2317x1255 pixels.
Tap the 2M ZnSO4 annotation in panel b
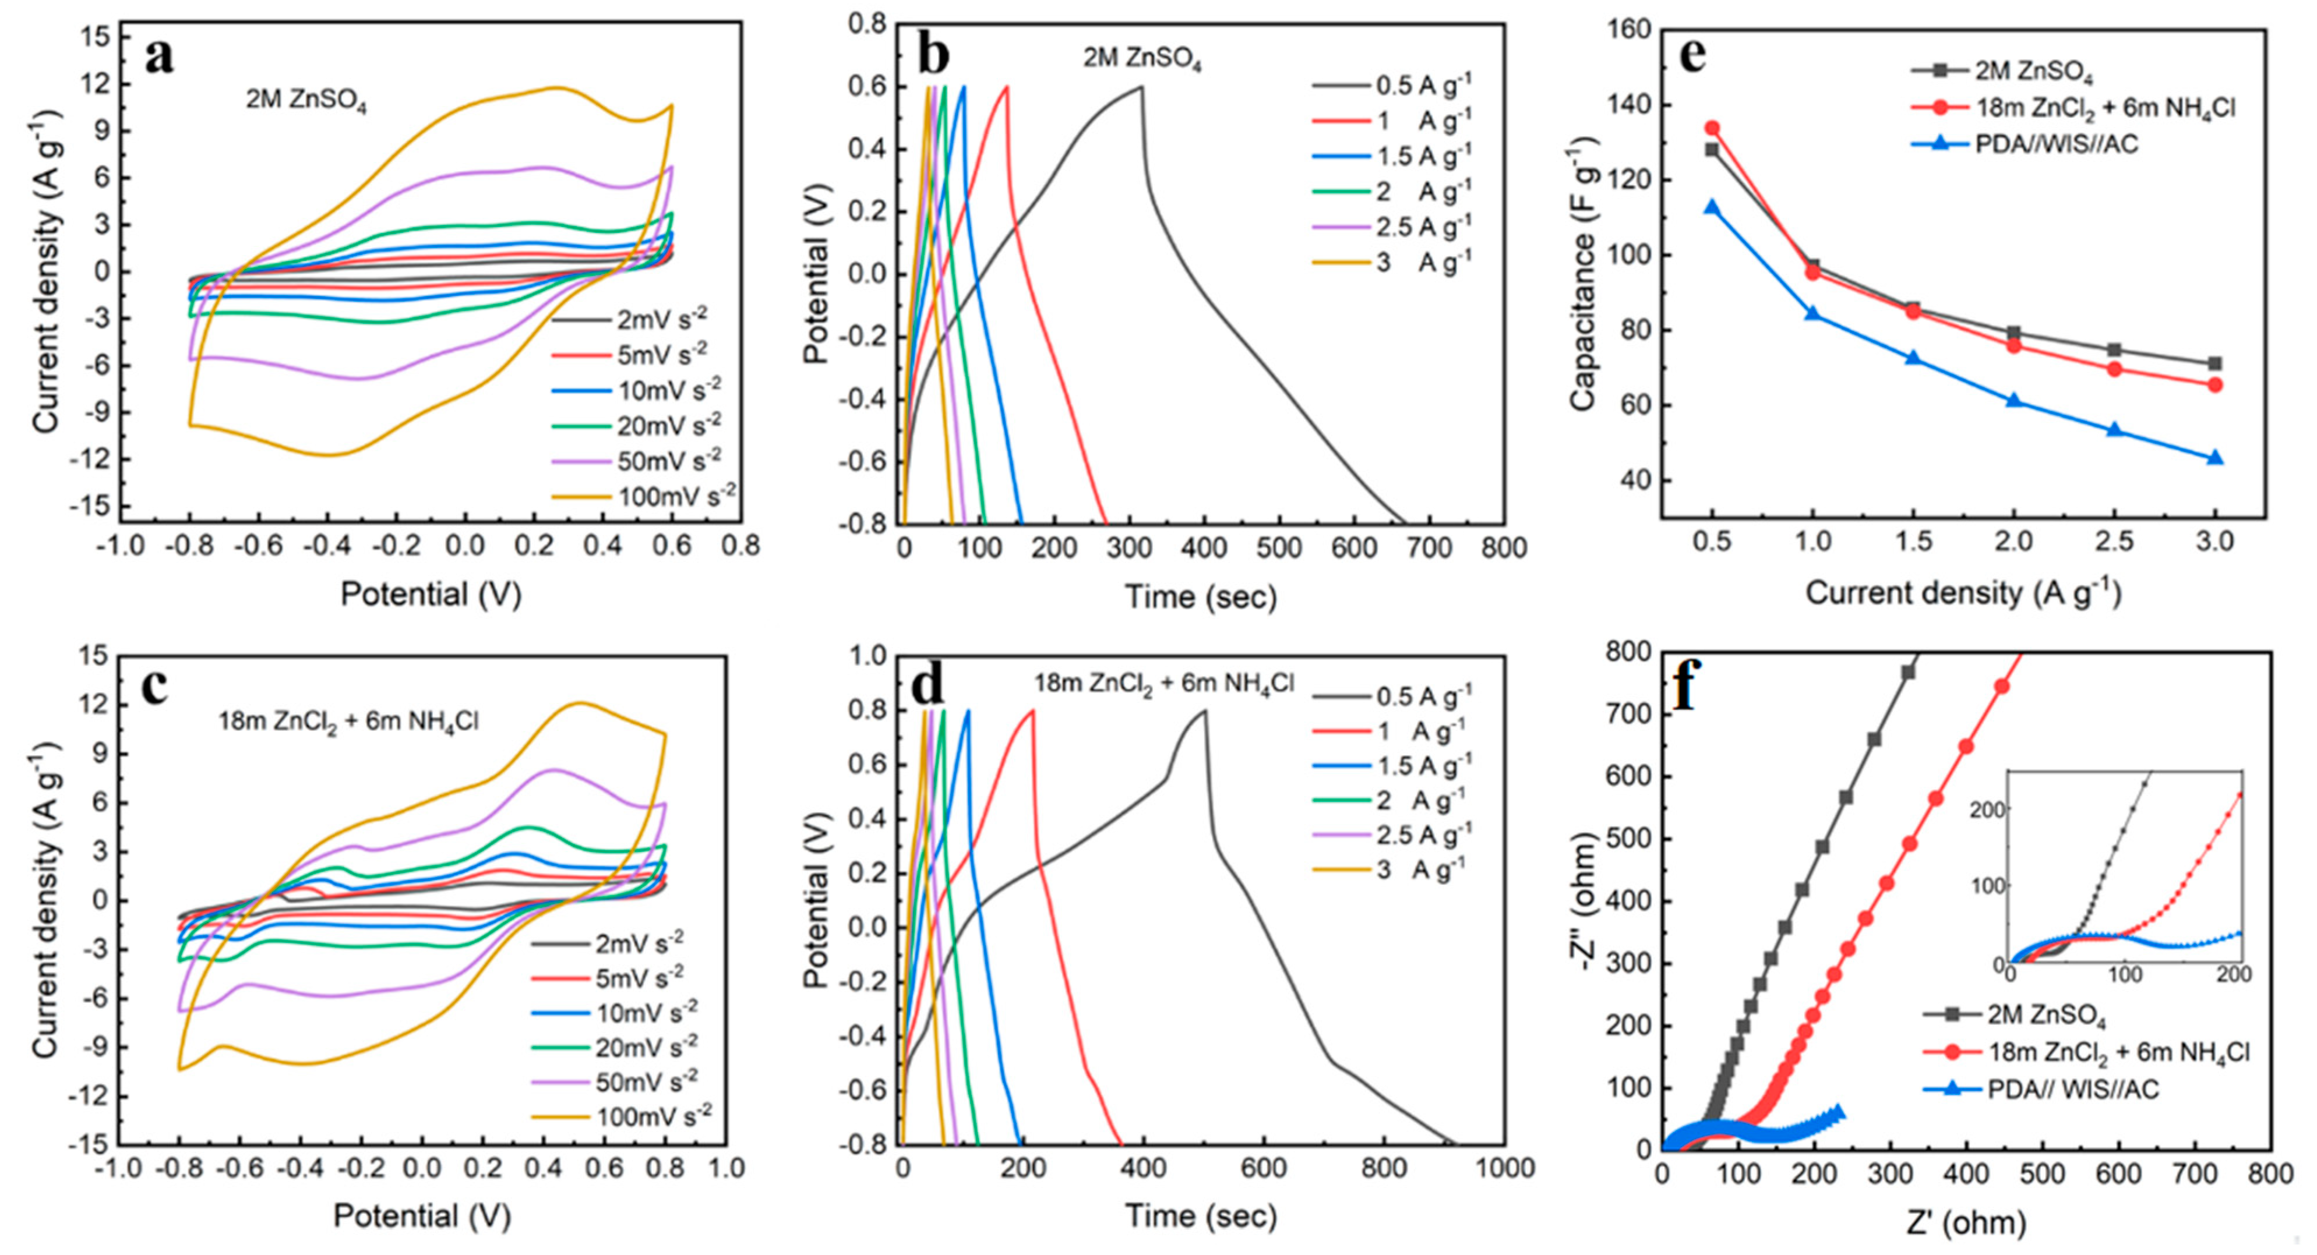click(1141, 58)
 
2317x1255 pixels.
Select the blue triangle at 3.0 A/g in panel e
click(2214, 458)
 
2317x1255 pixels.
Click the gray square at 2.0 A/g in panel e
click(2014, 333)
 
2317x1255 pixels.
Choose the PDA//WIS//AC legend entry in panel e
click(2056, 144)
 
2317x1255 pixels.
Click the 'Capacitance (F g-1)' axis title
click(1582, 274)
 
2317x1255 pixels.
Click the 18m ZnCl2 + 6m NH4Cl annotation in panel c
click(348, 721)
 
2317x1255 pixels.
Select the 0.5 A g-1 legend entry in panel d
click(1424, 696)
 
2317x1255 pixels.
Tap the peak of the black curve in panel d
click(1204, 711)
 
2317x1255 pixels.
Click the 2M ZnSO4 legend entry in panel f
click(2046, 1015)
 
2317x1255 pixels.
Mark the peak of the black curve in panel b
click(1141, 86)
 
